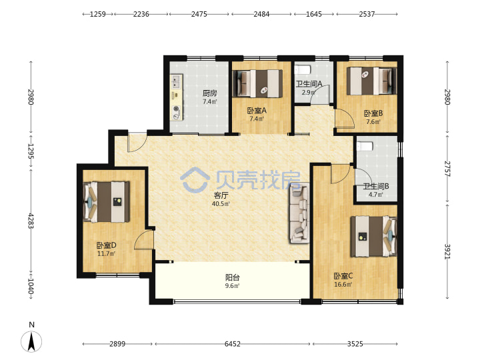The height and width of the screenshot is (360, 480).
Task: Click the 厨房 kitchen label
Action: tap(210, 93)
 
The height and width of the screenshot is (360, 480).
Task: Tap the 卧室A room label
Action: tap(257, 111)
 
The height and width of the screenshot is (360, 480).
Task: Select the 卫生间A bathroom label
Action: tap(309, 83)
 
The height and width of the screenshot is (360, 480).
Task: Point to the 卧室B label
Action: tap(373, 113)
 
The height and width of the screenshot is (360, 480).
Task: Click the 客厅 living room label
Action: tap(221, 195)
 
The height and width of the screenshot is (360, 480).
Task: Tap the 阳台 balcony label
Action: tap(233, 277)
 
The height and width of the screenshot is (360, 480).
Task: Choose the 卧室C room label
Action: tap(343, 276)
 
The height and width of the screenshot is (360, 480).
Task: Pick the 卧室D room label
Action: tap(106, 245)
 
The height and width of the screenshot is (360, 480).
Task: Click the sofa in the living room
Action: tap(299, 213)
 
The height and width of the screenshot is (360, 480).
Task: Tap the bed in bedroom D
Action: tap(106, 202)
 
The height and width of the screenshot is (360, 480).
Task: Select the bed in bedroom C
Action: tap(373, 236)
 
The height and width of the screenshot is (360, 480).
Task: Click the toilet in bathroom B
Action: tap(365, 146)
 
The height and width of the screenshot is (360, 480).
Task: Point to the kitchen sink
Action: tap(176, 82)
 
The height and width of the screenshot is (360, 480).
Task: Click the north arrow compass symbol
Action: tap(31, 341)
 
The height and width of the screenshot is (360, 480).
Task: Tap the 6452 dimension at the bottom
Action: tap(233, 344)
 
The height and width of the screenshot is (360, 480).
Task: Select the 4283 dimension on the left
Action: tap(31, 221)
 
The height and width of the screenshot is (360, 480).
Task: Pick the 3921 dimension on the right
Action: tap(447, 251)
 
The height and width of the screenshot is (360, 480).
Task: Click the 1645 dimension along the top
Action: tap(314, 14)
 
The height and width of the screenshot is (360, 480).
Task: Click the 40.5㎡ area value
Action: tap(221, 203)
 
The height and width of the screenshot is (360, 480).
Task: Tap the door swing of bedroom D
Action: tap(144, 239)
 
